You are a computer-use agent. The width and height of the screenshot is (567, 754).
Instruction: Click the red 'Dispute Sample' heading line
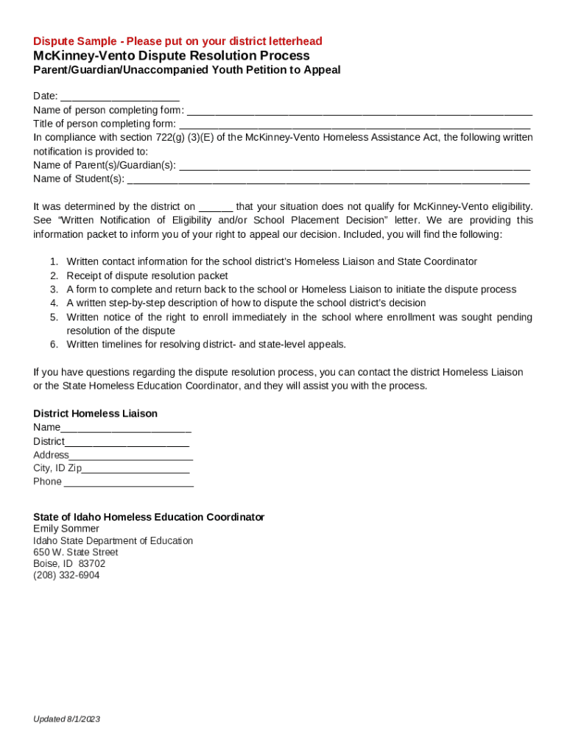(x=177, y=41)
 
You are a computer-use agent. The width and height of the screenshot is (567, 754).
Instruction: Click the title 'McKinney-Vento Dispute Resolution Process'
(x=171, y=56)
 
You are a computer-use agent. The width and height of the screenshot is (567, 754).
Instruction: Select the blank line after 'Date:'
(x=120, y=97)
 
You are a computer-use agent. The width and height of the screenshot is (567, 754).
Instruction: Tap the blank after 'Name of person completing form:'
(x=359, y=111)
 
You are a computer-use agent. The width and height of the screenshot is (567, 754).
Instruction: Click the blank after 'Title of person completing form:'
(x=354, y=124)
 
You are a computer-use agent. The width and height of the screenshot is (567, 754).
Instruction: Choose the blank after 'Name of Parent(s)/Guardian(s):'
(x=354, y=166)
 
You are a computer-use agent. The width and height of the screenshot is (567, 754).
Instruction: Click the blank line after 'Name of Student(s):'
(x=328, y=180)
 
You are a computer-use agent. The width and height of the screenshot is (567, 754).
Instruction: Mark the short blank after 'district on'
(x=216, y=208)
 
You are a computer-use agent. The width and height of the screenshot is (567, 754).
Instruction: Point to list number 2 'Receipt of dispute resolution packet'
(x=147, y=276)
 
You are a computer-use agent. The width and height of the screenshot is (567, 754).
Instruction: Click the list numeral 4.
(x=54, y=303)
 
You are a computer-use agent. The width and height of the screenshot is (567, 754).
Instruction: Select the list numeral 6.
(x=54, y=345)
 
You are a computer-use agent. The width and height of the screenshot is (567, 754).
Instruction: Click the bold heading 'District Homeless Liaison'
(x=95, y=414)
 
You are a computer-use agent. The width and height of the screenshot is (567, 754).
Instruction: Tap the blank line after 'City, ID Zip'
(x=135, y=469)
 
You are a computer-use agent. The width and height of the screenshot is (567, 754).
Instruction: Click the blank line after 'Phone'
(x=129, y=482)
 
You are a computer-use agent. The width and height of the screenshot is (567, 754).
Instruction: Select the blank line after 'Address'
(x=131, y=456)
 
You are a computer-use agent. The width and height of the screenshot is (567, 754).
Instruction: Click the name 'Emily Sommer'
(x=66, y=529)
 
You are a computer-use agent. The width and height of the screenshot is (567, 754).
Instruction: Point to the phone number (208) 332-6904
(x=66, y=576)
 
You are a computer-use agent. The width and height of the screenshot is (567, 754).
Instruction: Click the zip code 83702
(x=92, y=564)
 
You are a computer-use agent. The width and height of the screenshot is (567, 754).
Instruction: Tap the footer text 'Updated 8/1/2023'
(x=66, y=719)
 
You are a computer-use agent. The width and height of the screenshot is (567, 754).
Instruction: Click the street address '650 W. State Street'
(x=76, y=552)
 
